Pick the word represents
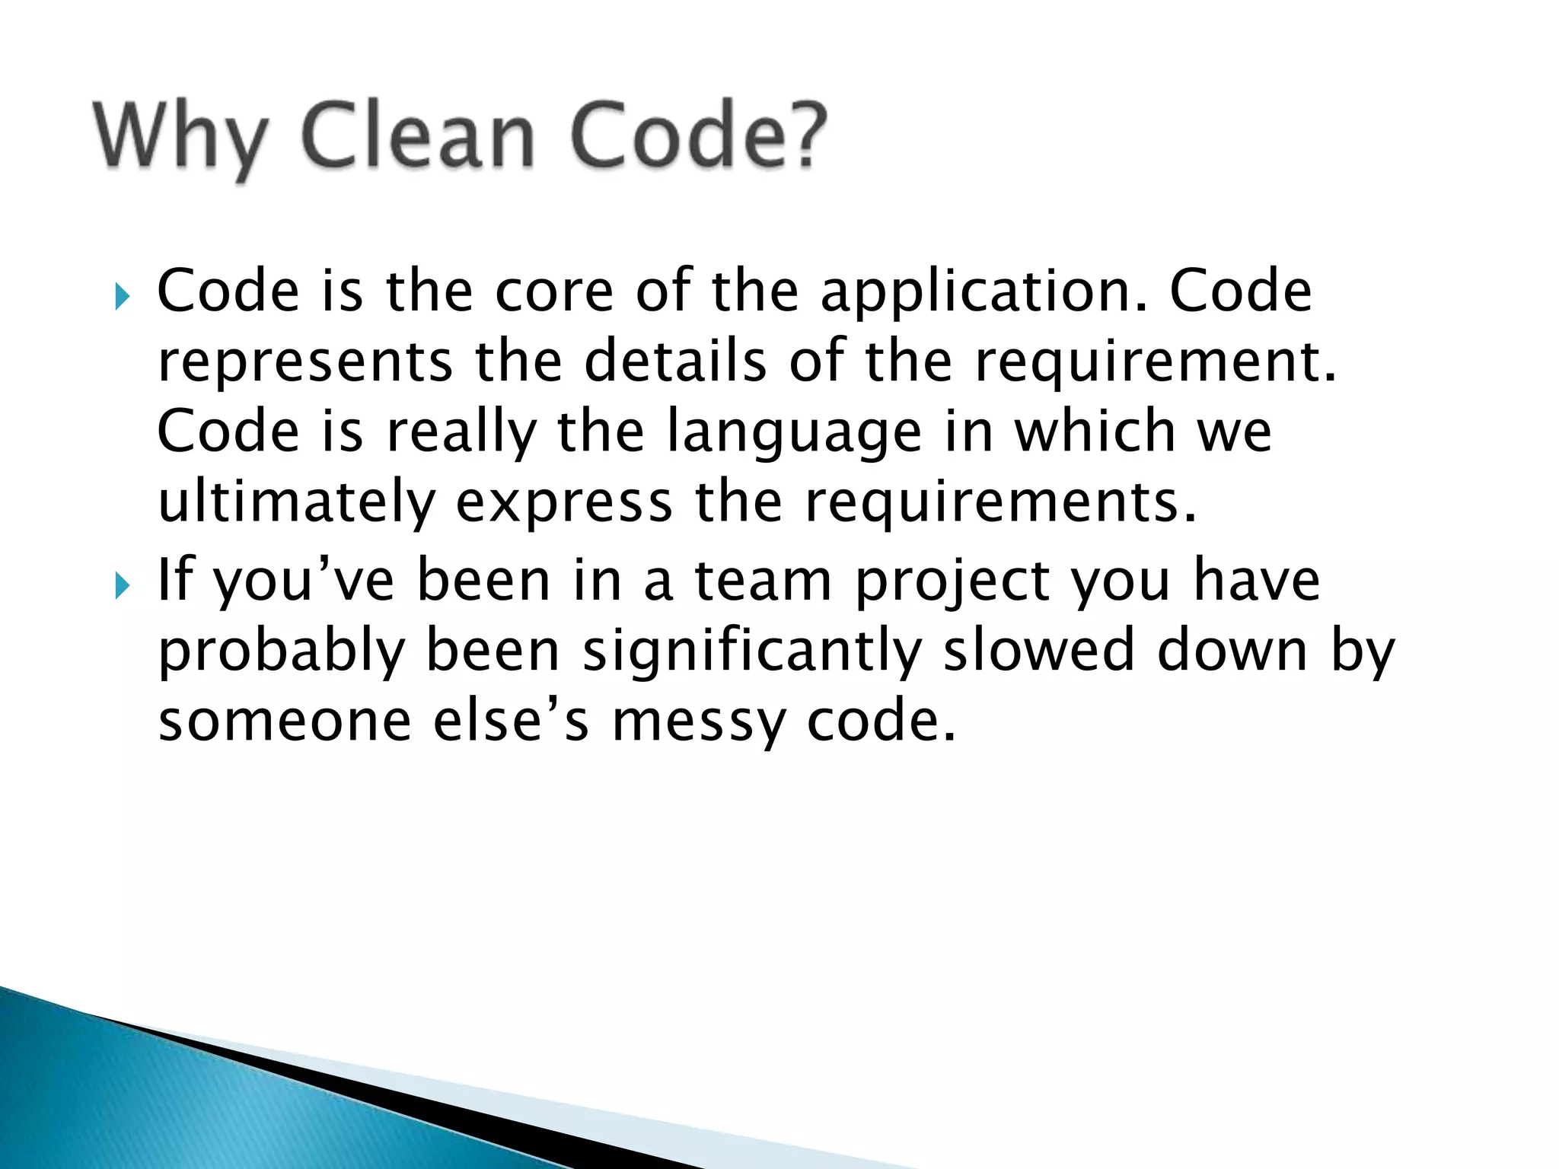(x=305, y=362)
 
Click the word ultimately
(x=296, y=503)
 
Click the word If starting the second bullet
(x=174, y=580)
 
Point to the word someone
(x=285, y=721)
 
